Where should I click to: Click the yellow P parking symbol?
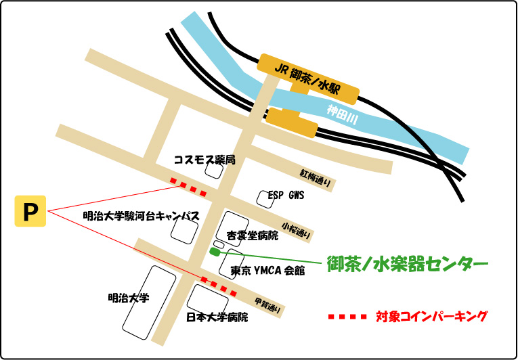(30, 210)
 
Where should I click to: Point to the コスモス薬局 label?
(204, 160)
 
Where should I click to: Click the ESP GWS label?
(286, 196)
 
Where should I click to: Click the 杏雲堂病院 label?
(253, 236)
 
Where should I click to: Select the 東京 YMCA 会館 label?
(267, 271)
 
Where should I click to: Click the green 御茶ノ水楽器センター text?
(407, 262)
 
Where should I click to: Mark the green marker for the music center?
(215, 252)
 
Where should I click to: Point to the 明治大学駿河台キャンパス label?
(141, 216)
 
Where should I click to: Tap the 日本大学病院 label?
(217, 317)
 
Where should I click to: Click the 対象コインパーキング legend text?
(431, 316)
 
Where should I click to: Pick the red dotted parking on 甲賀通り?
(219, 286)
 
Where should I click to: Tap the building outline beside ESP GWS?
(263, 198)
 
